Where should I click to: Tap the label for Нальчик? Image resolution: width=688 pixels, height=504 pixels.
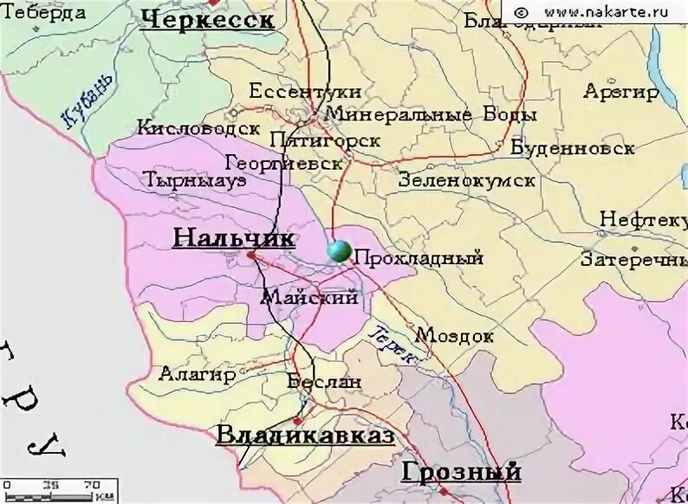pos(234,237)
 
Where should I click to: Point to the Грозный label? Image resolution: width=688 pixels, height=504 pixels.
pos(461,472)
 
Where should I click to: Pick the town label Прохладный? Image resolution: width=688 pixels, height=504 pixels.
pos(419,258)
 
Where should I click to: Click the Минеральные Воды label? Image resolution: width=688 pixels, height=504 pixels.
pos(431,114)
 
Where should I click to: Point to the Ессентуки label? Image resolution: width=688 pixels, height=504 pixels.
pos(305,92)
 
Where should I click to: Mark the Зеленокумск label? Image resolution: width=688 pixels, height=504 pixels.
pos(466,181)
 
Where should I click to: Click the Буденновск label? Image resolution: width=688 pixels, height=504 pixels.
pos(572,148)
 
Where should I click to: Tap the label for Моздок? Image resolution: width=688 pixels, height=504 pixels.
pos(455,335)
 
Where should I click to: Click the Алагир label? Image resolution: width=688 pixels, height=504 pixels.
pos(197,374)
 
